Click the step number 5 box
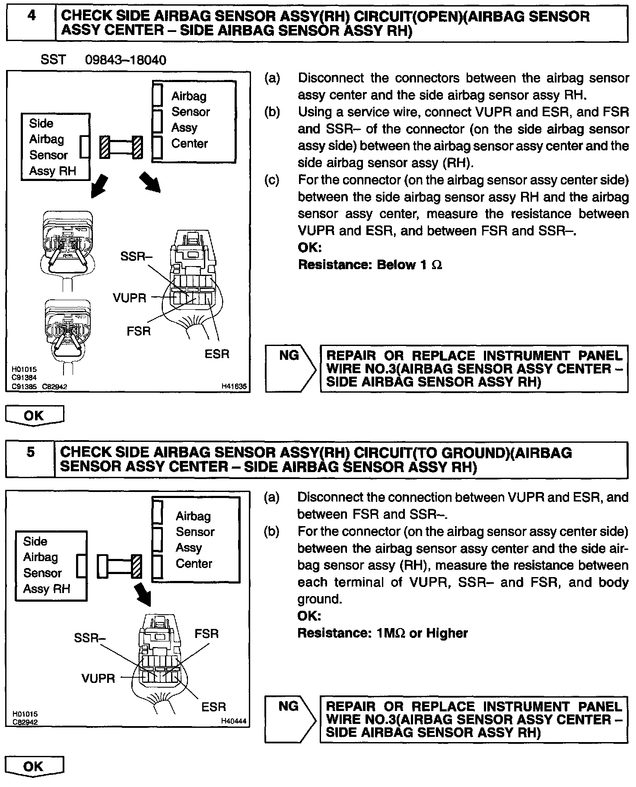pos(30,459)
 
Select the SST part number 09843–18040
pos(125,60)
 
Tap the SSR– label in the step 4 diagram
pos(136,256)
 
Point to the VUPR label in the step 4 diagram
pos(129,298)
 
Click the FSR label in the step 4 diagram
pos(139,331)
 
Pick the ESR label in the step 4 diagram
pos(217,354)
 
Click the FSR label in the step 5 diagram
pos(207,633)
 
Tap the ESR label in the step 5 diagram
pos(214,707)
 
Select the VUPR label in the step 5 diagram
pos(98,678)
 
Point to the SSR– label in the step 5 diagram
pos(90,638)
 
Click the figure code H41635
pos(234,387)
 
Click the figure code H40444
pos(234,720)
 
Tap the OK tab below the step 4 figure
pos(34,416)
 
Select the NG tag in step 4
pos(289,355)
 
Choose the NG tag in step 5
pos(288,706)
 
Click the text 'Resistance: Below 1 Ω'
pos(370,264)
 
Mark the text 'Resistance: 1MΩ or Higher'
pos(382,633)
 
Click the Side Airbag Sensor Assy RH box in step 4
pos(55,147)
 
